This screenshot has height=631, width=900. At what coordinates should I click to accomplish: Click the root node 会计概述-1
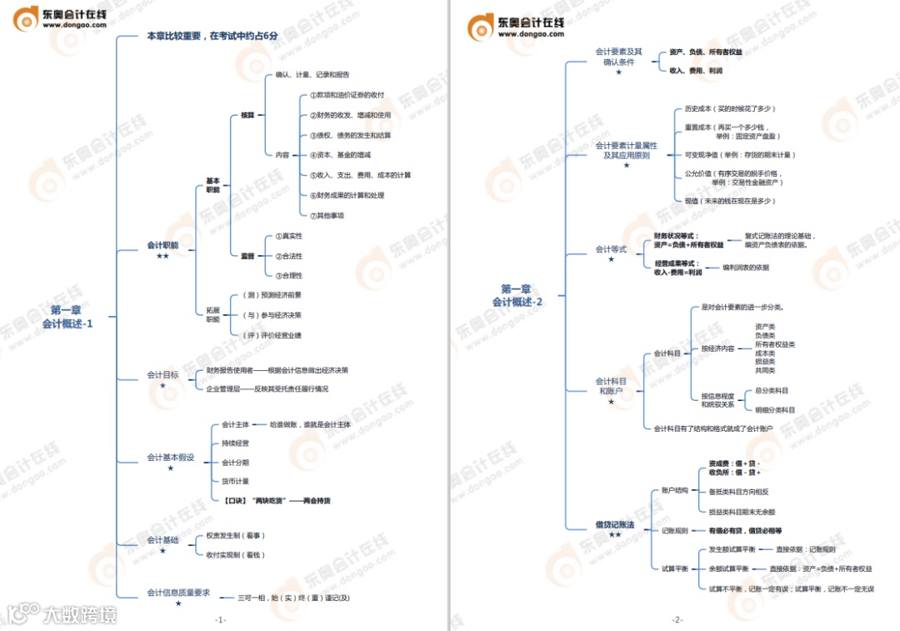click(67, 317)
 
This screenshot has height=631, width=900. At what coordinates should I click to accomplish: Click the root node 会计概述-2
click(517, 295)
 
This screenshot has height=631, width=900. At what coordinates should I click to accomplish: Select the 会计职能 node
click(162, 245)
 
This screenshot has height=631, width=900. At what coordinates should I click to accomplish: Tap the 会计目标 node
click(162, 375)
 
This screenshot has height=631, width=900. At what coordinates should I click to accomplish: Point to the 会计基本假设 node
click(171, 457)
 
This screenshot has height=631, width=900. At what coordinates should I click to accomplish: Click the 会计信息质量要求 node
click(178, 593)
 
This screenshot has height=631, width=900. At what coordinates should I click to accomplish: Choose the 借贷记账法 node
click(615, 525)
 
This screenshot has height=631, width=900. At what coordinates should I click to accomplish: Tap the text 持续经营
click(235, 443)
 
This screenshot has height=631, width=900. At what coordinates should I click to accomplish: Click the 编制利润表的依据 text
click(746, 268)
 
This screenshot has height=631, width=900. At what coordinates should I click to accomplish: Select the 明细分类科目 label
click(775, 409)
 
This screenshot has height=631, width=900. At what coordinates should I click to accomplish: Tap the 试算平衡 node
click(675, 568)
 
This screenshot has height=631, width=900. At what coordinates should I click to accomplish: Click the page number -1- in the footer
click(220, 619)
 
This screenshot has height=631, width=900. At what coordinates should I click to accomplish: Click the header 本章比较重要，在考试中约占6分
click(212, 36)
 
